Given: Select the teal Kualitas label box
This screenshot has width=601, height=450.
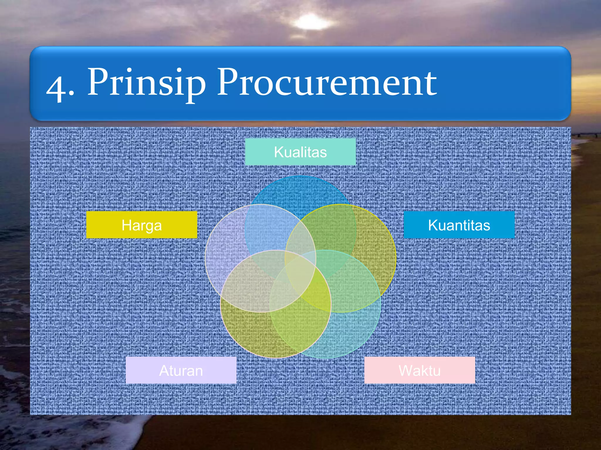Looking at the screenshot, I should pos(300,152).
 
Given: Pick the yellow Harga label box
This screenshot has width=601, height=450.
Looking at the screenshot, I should pos(141,225).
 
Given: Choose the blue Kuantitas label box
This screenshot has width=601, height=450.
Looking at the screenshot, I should pos(459,225).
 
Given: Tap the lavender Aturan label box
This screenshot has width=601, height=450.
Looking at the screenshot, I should pos(181,370).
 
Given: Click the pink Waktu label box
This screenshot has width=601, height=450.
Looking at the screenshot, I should pos(420,370).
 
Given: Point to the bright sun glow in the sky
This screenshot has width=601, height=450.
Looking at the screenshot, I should pos(312,22).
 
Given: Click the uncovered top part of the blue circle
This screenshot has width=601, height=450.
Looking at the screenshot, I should pos(300,190).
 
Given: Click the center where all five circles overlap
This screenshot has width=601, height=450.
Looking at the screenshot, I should pos(300,270).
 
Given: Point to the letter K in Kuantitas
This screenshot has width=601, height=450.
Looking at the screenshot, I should pos(433,225).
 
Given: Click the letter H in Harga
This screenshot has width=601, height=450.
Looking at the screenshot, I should pos(126,225).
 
